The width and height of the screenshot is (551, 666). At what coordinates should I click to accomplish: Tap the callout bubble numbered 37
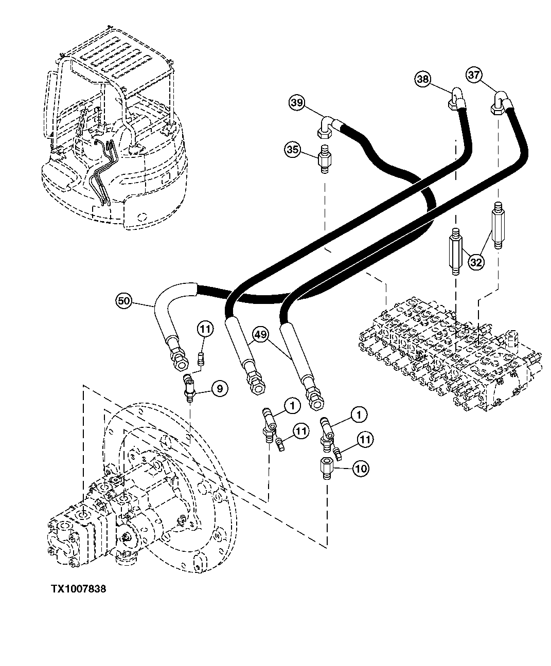point(475,75)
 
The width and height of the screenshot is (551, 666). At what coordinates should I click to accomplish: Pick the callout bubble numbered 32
point(476,262)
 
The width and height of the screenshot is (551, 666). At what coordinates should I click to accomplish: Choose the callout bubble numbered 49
point(261,335)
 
